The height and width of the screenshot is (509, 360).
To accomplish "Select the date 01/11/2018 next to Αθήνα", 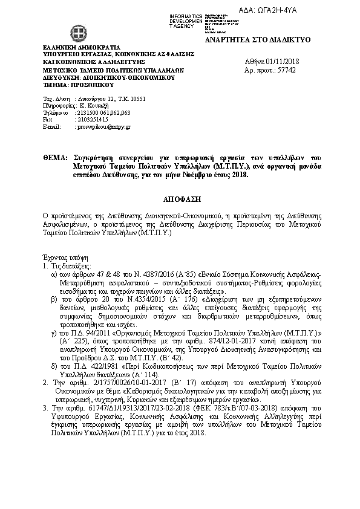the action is pos(285,62).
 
